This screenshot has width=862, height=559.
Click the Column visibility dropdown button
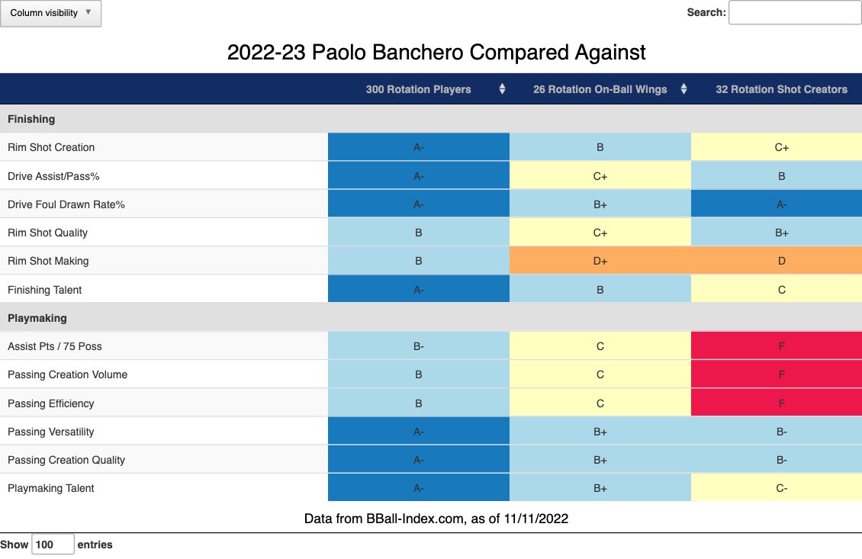50,13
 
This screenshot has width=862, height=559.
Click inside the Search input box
794,12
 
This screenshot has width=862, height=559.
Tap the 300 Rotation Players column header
418,89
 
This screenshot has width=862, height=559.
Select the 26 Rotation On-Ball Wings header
600,89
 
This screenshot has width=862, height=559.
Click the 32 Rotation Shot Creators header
781,89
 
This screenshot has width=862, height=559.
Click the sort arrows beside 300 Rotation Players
502,89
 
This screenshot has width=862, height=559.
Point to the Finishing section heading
31,119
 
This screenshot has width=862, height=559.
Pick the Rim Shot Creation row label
51,147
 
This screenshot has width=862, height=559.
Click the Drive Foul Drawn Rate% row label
67,204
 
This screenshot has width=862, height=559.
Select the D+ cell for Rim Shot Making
600,261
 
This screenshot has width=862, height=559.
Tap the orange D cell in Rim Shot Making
781,261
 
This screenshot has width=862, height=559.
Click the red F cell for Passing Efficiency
781,403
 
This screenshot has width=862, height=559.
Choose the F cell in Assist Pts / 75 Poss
781,346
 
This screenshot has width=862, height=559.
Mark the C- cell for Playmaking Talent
781,488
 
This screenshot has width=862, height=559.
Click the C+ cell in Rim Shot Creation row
781,147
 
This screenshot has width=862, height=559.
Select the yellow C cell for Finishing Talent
781,290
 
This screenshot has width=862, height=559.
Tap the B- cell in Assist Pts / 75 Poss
418,346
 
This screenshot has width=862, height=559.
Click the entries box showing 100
53,545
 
